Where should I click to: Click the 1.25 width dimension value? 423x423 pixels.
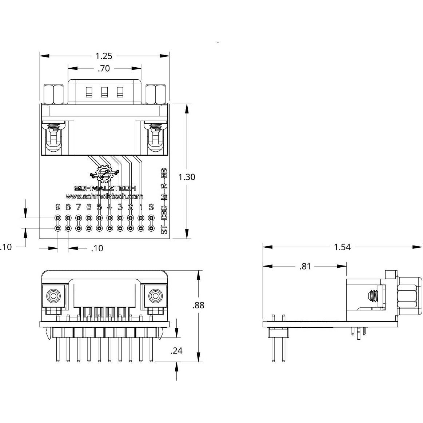coord(104,56)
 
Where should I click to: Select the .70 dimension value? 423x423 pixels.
coord(104,68)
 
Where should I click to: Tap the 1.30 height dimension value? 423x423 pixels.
coord(187,177)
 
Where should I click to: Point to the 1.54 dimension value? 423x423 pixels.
coord(342,247)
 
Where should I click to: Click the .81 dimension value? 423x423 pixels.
coord(305,266)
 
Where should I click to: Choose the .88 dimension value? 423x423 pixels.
coord(198,305)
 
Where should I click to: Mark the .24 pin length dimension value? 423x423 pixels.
coord(176,351)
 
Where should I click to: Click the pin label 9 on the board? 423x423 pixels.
coord(57,207)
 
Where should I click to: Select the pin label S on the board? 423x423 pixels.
coord(151,207)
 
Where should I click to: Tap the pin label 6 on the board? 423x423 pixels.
coord(89,207)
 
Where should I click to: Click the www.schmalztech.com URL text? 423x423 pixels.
coord(104,196)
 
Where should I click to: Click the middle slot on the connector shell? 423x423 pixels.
coord(104,92)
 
